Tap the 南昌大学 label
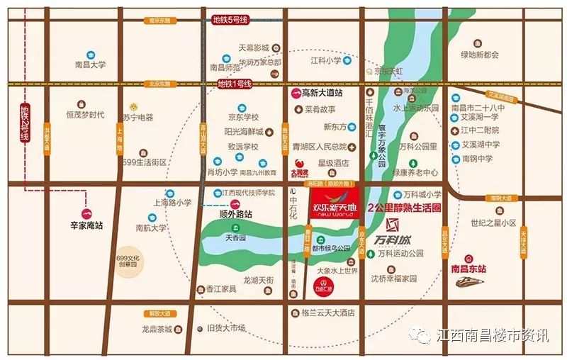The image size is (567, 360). [90, 64]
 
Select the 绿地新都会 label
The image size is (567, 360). [480, 55]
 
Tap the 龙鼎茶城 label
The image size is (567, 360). [158, 329]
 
